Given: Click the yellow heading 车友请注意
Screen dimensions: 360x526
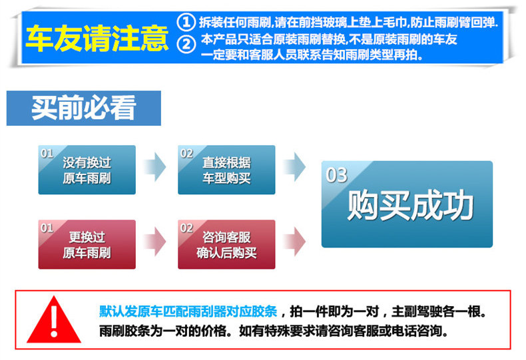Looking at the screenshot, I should (x=97, y=39).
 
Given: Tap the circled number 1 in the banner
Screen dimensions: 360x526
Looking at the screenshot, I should (x=188, y=21).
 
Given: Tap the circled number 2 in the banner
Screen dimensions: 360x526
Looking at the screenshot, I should (x=188, y=45).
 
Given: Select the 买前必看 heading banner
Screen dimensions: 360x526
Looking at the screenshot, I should (x=84, y=108).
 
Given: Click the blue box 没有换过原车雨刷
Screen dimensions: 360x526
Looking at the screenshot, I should (x=87, y=170).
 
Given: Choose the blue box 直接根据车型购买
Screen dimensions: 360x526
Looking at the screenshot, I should (x=226, y=170).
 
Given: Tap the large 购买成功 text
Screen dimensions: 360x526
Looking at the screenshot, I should (x=410, y=206).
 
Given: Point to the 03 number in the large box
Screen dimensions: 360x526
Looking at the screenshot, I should (x=337, y=175).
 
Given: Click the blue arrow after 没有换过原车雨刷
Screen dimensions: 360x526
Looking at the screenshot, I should (x=154, y=166).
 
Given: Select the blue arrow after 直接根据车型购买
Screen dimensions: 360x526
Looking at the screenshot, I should (x=294, y=166).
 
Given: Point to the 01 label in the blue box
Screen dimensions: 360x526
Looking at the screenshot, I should (x=47, y=154).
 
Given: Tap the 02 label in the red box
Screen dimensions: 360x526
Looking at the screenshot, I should (x=187, y=228).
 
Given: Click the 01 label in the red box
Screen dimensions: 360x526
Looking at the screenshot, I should (x=47, y=228).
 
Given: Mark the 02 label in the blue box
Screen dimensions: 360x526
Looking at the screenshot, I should (x=187, y=154).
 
